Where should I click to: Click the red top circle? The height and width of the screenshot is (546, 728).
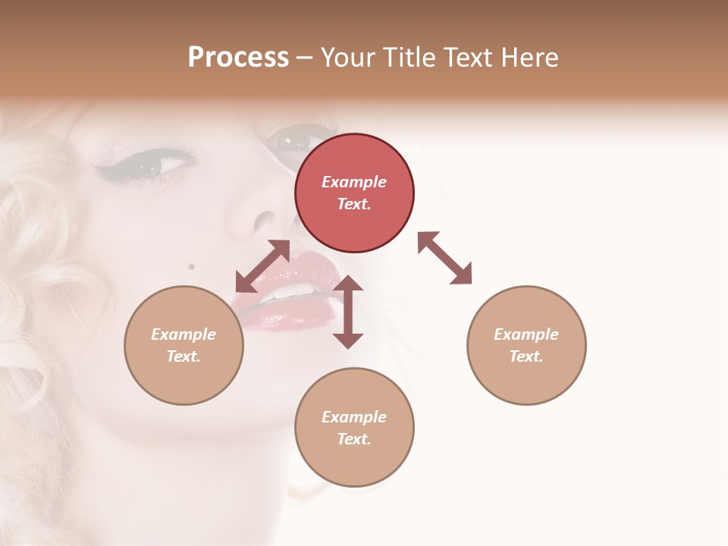click(x=354, y=193)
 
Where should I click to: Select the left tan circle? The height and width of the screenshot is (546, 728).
click(x=184, y=345)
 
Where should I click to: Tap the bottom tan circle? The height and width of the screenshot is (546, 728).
click(x=354, y=428)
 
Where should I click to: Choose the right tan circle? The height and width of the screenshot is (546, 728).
click(x=526, y=345)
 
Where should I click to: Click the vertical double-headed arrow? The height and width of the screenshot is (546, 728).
click(x=348, y=312)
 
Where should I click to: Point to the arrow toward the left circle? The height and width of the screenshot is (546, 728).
click(x=262, y=266)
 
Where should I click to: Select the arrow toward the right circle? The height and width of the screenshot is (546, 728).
click(x=444, y=258)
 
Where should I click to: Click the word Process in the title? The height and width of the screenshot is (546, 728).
click(x=238, y=57)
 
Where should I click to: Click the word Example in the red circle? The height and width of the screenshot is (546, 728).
click(x=354, y=182)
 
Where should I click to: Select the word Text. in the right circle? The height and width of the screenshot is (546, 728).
click(x=526, y=356)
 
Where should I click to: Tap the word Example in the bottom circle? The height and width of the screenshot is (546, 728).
click(x=354, y=416)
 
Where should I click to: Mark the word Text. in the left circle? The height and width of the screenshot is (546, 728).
click(x=184, y=356)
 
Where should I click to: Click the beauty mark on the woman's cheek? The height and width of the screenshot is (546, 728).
click(x=191, y=266)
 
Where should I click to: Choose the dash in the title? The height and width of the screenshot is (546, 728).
click(x=305, y=58)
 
